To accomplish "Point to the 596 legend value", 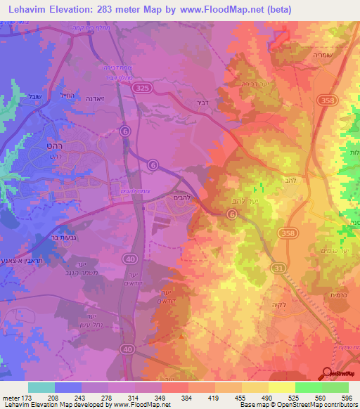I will tap(348, 397).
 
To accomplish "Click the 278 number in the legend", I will tap(108, 397).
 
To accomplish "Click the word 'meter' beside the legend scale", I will tap(11, 397).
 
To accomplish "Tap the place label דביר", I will tap(197, 101).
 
